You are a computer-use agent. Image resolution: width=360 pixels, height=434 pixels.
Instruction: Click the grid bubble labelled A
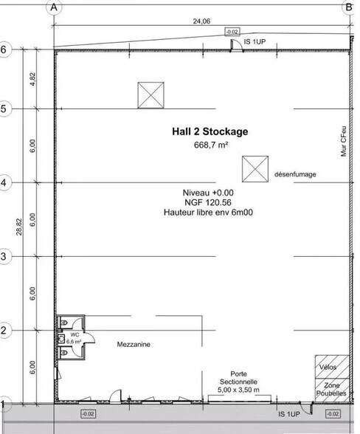coord(53,7)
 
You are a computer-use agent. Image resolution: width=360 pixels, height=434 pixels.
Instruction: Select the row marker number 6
coord(4,50)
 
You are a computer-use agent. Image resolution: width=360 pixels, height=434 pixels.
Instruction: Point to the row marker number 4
coord(4,182)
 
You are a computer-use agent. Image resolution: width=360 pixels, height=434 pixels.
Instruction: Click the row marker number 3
coord(4,256)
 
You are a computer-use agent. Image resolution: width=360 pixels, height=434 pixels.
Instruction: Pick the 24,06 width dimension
coord(201,21)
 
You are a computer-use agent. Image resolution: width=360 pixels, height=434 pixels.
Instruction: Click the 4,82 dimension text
coord(32,79)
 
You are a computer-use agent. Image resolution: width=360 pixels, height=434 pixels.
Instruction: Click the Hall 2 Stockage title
coord(210,131)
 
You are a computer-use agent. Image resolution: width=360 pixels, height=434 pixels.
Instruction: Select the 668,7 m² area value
coord(210,146)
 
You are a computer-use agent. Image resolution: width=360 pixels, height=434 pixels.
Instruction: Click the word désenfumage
coord(295,174)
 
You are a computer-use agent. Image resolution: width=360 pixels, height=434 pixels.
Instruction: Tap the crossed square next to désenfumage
coord(255,168)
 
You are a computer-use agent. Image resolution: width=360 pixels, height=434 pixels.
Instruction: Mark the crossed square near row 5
coord(150,94)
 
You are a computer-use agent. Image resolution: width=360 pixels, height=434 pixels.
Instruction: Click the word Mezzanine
coord(134,343)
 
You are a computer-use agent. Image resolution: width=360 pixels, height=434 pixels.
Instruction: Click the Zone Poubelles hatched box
coord(330,390)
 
